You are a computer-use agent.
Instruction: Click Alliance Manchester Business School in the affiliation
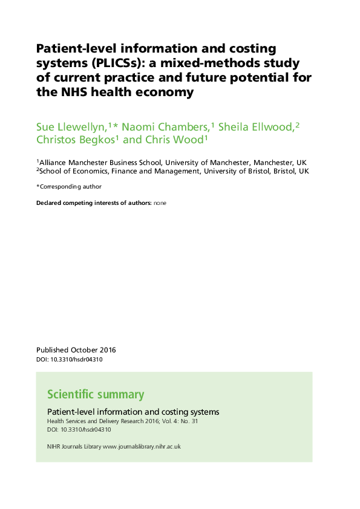click(x=100, y=163)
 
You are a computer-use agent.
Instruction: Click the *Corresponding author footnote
click(x=69, y=187)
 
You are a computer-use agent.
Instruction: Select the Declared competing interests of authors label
click(x=94, y=203)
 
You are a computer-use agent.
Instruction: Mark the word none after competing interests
click(x=160, y=203)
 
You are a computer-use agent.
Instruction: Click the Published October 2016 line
click(x=76, y=350)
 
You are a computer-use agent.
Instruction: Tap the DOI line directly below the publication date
click(x=70, y=360)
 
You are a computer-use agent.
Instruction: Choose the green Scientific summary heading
click(x=96, y=395)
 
